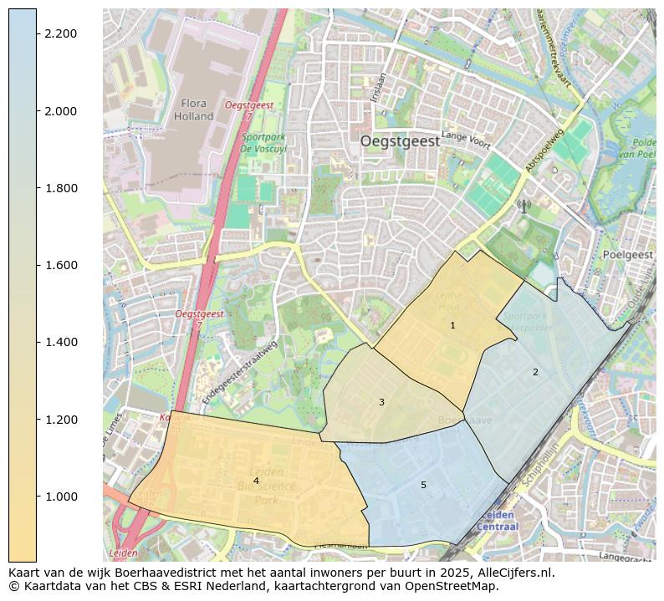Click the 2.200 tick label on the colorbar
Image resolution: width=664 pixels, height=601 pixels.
(61, 33)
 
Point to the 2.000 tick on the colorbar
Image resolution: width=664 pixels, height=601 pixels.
(61, 111)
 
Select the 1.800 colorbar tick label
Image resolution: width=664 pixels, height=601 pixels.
(61, 188)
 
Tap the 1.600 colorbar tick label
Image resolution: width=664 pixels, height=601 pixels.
(61, 265)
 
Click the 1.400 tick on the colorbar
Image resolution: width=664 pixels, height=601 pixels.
(61, 342)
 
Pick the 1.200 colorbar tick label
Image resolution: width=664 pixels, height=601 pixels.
(61, 420)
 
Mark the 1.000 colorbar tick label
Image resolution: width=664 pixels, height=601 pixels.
(61, 497)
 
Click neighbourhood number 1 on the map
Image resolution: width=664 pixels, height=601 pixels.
(452, 325)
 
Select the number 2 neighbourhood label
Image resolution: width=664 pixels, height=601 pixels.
(535, 372)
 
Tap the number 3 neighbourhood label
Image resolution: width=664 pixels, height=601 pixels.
(381, 402)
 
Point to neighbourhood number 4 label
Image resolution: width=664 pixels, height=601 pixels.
(256, 481)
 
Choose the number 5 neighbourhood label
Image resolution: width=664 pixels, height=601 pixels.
(423, 485)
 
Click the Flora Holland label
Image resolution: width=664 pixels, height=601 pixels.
(193, 110)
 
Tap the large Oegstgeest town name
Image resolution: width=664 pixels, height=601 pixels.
(400, 141)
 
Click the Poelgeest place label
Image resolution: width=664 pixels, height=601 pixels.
(627, 254)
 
